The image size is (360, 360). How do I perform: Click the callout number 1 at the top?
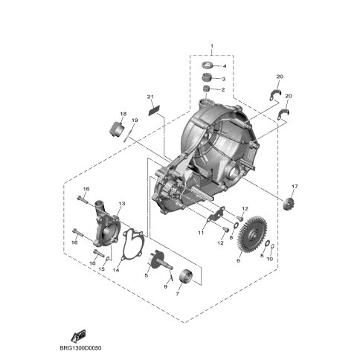coord(212,46)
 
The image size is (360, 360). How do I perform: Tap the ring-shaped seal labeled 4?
coord(207,65)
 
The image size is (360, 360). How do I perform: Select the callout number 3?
coord(223,79)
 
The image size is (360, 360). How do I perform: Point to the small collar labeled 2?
coord(207,89)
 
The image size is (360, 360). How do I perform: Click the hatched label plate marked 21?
coord(154,110)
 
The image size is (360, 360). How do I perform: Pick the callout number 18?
coord(123,114)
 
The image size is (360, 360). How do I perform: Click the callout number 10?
coord(270,259)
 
